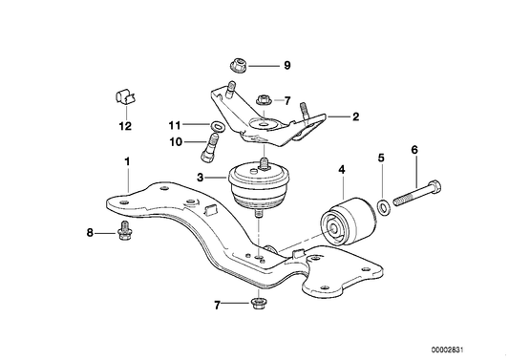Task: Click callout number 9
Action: (x=286, y=66)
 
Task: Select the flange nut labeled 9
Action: (x=239, y=67)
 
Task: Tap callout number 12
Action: (x=125, y=125)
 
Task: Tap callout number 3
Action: (x=201, y=177)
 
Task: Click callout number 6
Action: (x=414, y=150)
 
